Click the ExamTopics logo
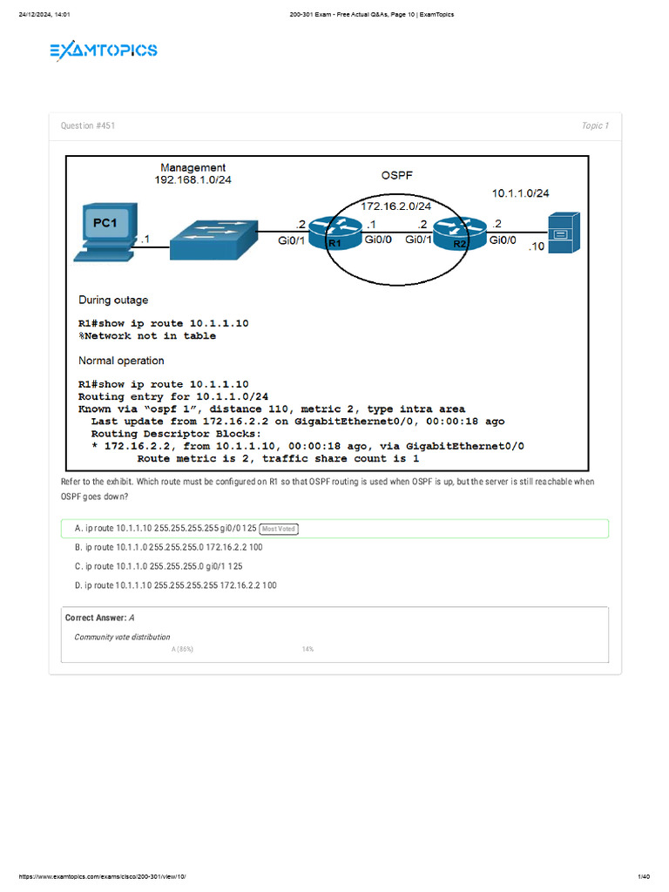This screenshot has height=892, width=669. [x=103, y=51]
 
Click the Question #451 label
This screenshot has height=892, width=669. [x=87, y=126]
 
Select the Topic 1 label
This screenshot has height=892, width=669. [x=595, y=126]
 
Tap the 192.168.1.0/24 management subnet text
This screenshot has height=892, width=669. [x=193, y=180]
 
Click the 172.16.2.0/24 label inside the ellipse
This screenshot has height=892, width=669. [x=396, y=206]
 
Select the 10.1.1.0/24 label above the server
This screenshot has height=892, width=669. [x=521, y=193]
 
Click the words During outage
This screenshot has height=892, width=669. [x=113, y=301]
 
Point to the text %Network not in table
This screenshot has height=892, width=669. [x=147, y=335]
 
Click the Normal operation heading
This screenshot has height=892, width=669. [x=121, y=361]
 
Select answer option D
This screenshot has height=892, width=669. [x=176, y=585]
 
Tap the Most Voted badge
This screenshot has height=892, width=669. [x=279, y=529]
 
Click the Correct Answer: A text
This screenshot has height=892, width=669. [x=98, y=618]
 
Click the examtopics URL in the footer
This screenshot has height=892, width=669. [x=103, y=875]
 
